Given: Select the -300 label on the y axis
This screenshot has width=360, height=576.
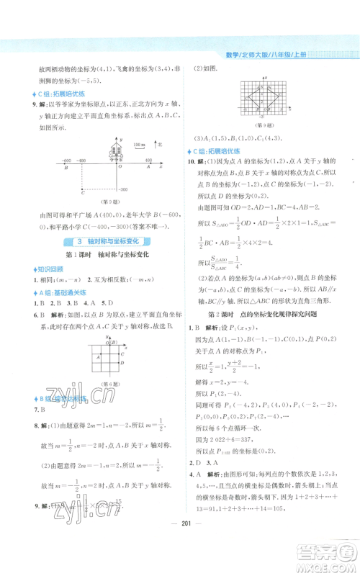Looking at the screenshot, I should point(122,189).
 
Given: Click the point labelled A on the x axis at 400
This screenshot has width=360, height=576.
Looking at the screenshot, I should point(148,167).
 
